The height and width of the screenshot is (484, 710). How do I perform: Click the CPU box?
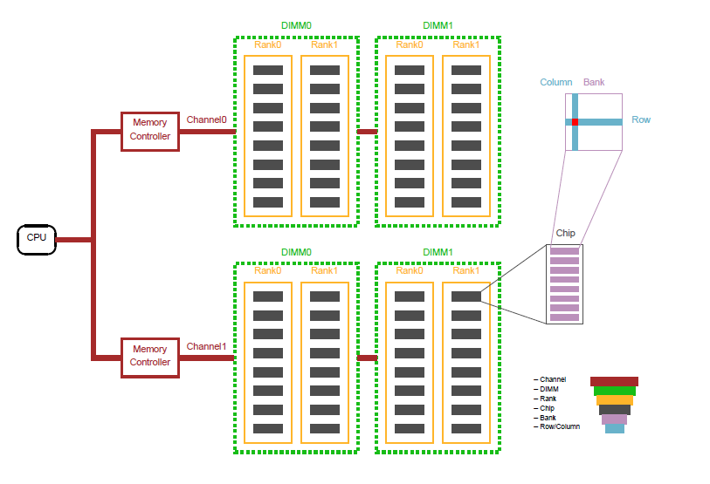click(37, 238)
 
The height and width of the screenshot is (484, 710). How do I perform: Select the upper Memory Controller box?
click(149, 130)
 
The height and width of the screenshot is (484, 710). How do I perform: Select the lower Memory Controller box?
click(149, 356)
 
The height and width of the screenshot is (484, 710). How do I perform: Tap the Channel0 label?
click(207, 120)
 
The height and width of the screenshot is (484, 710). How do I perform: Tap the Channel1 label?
click(207, 346)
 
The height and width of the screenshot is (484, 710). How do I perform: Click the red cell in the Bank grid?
click(575, 121)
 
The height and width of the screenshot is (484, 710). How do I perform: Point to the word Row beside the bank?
click(641, 119)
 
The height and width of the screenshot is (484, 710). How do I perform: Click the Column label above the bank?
click(556, 82)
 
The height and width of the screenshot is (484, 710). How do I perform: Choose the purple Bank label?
click(594, 82)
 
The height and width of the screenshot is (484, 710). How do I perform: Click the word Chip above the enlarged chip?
click(565, 234)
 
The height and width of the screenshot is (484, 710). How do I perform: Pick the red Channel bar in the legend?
click(614, 381)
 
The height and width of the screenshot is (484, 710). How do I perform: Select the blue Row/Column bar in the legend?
click(615, 428)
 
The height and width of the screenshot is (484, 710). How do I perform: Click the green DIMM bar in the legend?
click(614, 391)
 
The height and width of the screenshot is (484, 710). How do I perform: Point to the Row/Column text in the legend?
click(559, 426)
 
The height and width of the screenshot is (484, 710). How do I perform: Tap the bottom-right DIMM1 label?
click(438, 252)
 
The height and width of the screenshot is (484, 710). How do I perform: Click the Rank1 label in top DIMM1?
click(465, 45)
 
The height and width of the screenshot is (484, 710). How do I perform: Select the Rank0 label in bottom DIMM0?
click(268, 270)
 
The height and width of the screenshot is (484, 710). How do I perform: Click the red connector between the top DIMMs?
click(367, 132)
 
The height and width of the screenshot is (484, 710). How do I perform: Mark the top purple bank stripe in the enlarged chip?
click(564, 251)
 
